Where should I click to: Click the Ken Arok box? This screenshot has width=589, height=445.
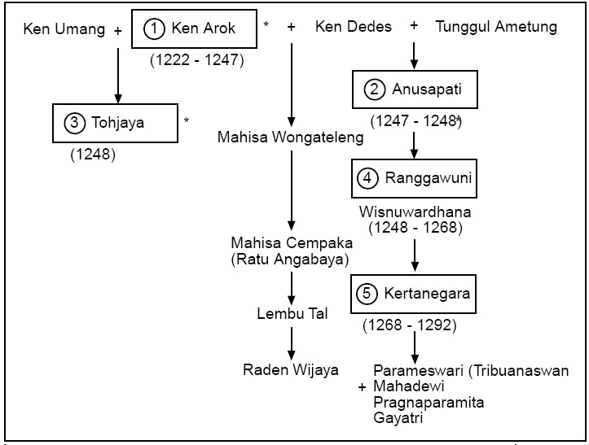pos(194,29)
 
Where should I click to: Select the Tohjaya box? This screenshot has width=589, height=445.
pos(114,123)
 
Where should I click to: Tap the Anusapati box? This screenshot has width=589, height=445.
pos(411,89)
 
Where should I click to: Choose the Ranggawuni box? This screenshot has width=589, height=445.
pos(411,177)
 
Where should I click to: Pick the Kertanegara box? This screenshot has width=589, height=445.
pos(411,294)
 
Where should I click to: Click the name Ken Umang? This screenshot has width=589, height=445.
pos(64,30)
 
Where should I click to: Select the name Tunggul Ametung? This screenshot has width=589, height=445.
pos(496,27)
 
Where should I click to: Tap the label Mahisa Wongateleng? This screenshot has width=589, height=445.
pos(290,138)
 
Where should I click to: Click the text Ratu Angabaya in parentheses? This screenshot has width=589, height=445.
pos(290,260)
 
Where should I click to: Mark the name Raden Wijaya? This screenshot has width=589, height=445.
pos(290,370)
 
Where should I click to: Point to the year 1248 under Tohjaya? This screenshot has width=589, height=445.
pos(93,153)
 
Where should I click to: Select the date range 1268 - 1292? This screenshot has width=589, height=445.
pos(410,326)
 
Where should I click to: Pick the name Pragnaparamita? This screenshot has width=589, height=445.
pos(427,403)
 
